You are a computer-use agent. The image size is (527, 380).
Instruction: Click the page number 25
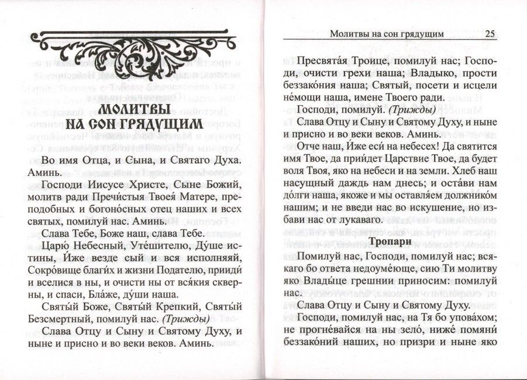click(x=490, y=33)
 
